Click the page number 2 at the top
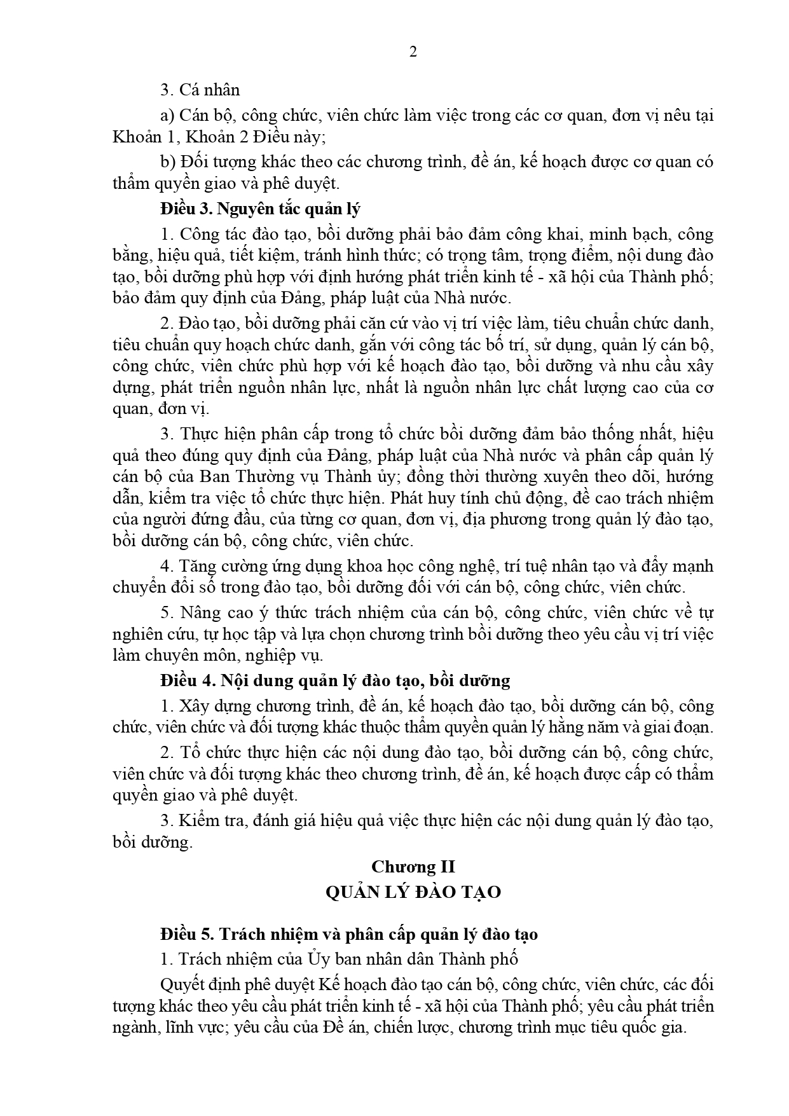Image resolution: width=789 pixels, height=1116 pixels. tap(413, 53)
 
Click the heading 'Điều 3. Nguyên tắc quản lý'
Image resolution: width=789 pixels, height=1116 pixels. tap(261, 209)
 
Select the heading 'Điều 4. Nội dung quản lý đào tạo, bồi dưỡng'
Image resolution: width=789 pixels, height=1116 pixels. tap(335, 680)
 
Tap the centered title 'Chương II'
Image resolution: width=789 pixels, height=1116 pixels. tap(413, 867)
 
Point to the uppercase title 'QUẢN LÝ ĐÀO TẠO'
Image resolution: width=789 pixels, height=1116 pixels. tap(413, 892)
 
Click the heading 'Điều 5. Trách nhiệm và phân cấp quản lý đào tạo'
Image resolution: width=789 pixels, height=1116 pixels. tap(349, 934)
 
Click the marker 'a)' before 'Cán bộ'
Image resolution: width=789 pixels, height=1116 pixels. tap(168, 116)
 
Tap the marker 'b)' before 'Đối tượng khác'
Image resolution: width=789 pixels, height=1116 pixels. tap(168, 162)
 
